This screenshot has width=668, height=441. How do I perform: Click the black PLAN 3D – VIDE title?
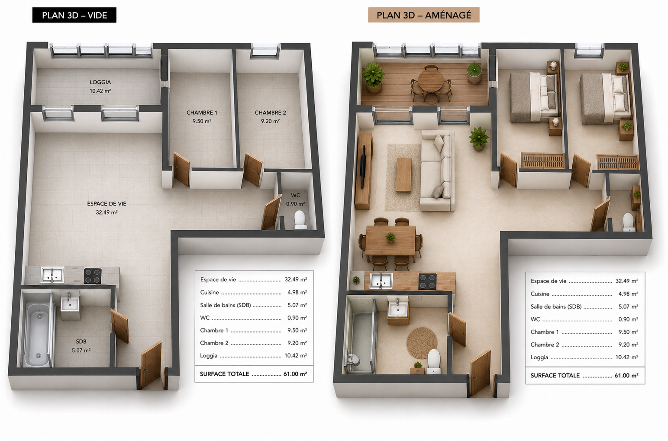pyautogui.click(x=74, y=15)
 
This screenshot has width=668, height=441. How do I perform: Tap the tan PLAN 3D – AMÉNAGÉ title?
pyautogui.click(x=424, y=15)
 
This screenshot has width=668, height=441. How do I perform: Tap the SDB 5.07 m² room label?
pyautogui.click(x=81, y=346)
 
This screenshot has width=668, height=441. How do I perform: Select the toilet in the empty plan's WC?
pyautogui.click(x=300, y=220)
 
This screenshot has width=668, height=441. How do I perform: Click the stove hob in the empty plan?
pyautogui.click(x=93, y=276)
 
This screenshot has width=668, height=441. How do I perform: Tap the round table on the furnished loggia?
pyautogui.click(x=431, y=80)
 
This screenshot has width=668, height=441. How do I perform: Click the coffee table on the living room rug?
pyautogui.click(x=404, y=175)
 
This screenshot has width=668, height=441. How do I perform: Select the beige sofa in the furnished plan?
pyautogui.click(x=437, y=171)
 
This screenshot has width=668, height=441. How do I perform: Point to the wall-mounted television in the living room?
pyautogui.click(x=363, y=167)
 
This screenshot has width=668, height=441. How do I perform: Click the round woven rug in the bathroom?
pyautogui.click(x=422, y=343)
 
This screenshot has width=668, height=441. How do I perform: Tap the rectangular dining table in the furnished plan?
pyautogui.click(x=390, y=240)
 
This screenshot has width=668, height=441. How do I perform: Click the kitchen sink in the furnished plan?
pyautogui.click(x=381, y=281)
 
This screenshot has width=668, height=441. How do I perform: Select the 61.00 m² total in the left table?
pyautogui.click(x=295, y=374)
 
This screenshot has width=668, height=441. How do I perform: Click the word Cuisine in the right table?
pyautogui.click(x=540, y=294)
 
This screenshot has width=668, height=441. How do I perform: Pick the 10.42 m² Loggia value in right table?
pyautogui.click(x=627, y=357)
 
